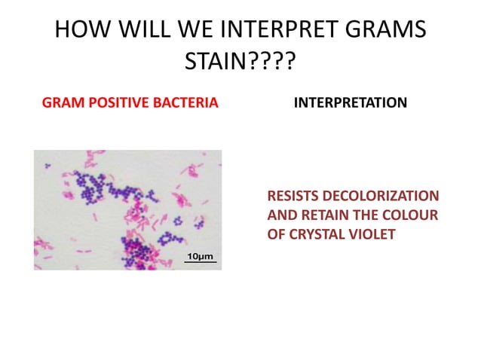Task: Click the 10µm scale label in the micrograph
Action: (200, 256)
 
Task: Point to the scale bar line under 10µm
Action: (200, 263)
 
